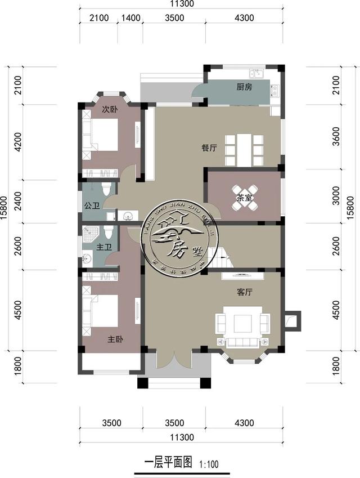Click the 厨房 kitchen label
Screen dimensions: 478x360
(x=244, y=87)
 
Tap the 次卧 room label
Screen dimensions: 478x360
(x=109, y=110)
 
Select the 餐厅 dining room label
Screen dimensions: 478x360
(x=209, y=148)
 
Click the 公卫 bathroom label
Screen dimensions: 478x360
(x=92, y=206)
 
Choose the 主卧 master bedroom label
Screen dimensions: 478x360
(x=115, y=340)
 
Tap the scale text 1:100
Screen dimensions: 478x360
(x=208, y=464)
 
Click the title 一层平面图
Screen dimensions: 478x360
(x=168, y=463)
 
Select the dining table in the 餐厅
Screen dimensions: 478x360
(x=244, y=149)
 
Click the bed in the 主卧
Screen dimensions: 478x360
(x=101, y=310)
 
